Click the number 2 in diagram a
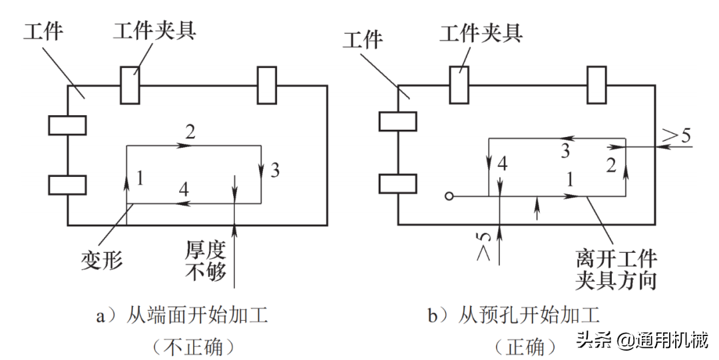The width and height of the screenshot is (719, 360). coord(191,132)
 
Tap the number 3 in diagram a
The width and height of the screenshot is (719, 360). coord(275,170)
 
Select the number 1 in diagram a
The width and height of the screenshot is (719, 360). coord(139,177)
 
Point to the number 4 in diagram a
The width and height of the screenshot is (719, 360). coord(182,190)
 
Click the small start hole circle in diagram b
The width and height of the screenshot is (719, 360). coord(450,196)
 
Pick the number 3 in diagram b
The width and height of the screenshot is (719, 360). coord(565,151)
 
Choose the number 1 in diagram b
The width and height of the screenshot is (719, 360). coord(569,178)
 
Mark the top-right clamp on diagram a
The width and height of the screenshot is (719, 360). coord(267,85)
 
